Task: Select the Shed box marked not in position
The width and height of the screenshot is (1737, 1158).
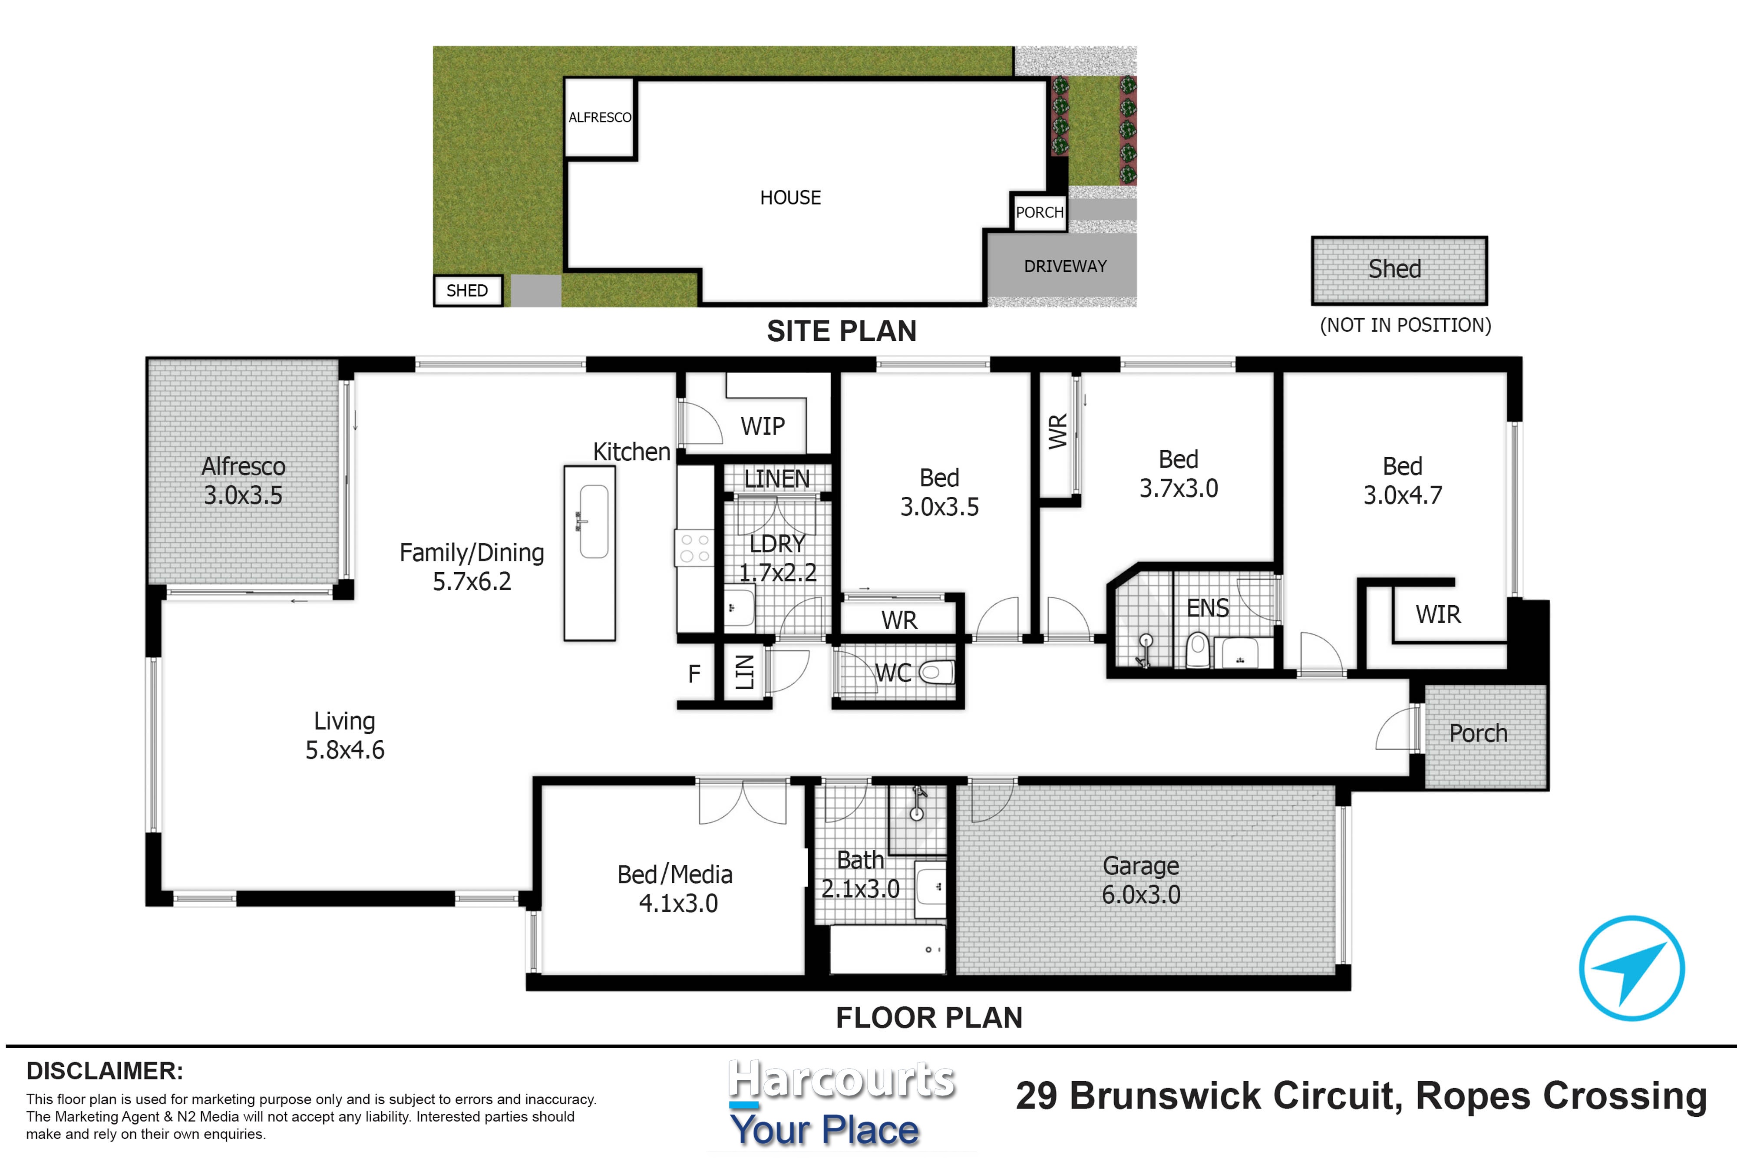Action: pos(1399,271)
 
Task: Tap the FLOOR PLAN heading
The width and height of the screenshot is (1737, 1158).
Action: pos(929,1018)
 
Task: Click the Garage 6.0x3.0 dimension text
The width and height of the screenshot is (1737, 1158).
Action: pos(1141,880)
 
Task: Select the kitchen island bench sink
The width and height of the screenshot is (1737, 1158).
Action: pos(594,521)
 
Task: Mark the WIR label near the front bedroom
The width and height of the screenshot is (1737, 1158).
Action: pos(1437,614)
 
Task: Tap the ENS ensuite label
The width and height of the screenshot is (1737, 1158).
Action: pos(1208,608)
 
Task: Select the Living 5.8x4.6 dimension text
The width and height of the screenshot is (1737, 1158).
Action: pos(345,736)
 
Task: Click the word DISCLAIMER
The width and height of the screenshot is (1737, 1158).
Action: pos(105,1071)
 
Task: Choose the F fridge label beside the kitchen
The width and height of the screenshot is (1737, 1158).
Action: pos(694,673)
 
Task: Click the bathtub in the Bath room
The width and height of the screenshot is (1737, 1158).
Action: pos(888,950)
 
